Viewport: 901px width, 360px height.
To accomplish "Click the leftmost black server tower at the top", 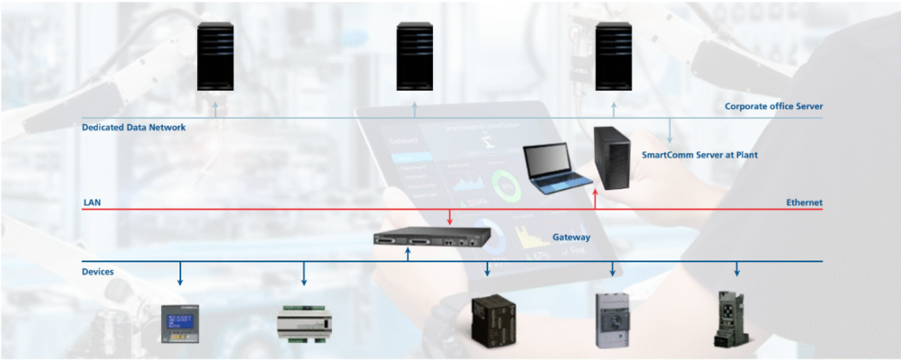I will (x=215, y=55).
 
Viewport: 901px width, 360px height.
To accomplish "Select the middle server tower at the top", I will (x=414, y=55).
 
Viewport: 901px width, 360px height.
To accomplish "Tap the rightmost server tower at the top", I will (x=614, y=55).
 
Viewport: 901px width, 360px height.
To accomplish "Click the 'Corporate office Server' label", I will (x=773, y=107).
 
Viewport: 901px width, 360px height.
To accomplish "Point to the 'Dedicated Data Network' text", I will (x=134, y=128).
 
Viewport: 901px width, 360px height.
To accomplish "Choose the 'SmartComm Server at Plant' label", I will (x=700, y=155).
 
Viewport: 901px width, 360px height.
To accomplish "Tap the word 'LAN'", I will (x=92, y=202).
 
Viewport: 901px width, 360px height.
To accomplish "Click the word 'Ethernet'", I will (x=803, y=202).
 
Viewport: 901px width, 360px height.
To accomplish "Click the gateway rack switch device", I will (x=422, y=239).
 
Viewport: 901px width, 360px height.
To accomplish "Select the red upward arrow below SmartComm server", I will (x=596, y=199).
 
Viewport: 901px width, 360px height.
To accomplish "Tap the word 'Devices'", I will (x=98, y=272).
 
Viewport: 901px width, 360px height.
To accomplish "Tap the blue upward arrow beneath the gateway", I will (x=408, y=255).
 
